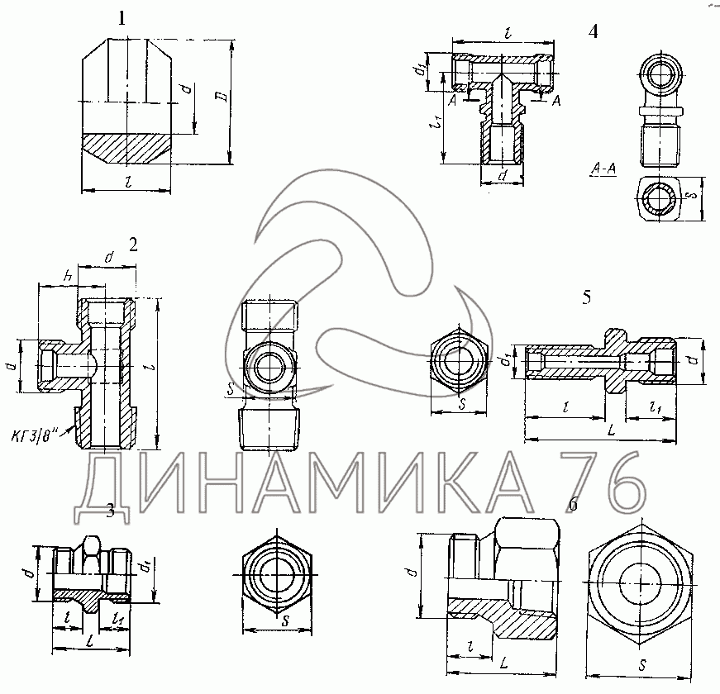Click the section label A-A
[x=603, y=169]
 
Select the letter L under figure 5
[x=609, y=430]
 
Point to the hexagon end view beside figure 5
[x=459, y=360]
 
